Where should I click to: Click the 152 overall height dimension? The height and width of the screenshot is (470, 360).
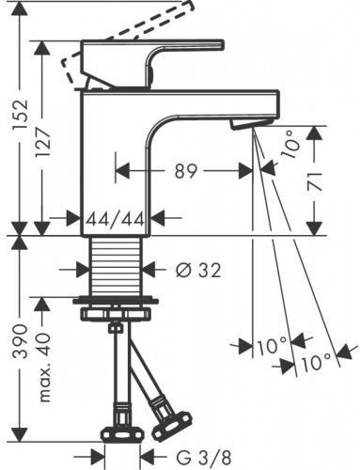pos(22,117)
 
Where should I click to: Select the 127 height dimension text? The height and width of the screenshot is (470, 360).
pos(43,138)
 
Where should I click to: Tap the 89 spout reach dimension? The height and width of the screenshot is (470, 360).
pos(185,171)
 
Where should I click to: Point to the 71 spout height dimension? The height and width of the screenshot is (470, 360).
pos(315,181)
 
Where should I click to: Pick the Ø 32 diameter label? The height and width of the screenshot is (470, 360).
pos(198,270)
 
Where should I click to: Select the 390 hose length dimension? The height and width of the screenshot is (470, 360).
pos(22,341)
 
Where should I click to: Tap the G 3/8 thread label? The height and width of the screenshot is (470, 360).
pos(204,458)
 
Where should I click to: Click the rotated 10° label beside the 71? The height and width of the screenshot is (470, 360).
pos(290,145)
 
